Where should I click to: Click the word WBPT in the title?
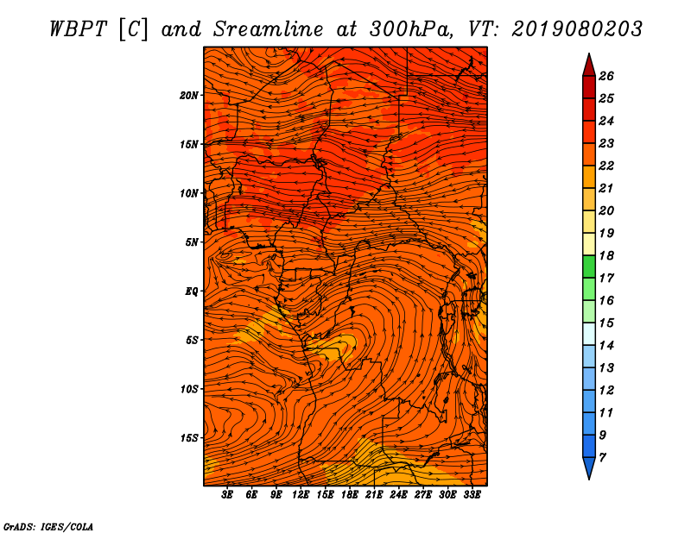76,28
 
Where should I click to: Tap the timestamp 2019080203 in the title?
577,28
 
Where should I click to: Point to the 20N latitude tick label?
189,95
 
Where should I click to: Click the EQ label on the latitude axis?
192,291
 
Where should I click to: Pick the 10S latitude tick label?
189,389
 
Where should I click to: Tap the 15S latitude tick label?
189,438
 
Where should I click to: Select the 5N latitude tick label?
192,241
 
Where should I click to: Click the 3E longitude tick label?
227,495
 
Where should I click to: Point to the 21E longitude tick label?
374,495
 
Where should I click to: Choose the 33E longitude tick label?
472,495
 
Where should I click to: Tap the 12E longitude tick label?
301,495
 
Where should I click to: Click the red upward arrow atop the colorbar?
588,64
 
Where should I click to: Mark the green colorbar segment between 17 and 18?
588,266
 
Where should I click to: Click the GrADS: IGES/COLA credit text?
48,526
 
